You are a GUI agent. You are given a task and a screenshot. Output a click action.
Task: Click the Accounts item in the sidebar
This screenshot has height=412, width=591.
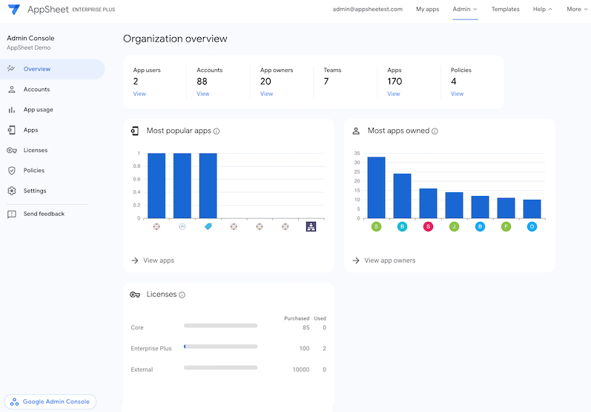[x=36, y=89]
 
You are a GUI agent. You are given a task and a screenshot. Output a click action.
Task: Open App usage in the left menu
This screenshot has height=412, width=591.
[x=38, y=110]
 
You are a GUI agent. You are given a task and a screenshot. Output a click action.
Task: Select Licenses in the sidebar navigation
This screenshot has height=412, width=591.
[x=35, y=150]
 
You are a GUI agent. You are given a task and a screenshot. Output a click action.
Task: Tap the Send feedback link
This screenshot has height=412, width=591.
[x=43, y=214]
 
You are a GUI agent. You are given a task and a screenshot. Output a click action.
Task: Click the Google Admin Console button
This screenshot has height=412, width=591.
[x=50, y=402]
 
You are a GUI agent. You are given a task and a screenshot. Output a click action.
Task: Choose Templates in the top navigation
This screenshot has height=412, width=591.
[x=505, y=10]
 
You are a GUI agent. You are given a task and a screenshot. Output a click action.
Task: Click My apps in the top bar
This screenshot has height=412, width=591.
[x=427, y=10]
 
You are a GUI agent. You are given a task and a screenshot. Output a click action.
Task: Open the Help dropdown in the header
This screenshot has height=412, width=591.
[x=542, y=10]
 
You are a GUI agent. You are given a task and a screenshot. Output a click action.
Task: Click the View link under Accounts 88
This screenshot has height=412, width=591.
[x=202, y=94]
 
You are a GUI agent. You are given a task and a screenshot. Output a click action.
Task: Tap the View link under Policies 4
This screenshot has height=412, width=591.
[x=457, y=94]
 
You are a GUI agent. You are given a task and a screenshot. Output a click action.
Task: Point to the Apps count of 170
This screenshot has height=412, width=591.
[x=394, y=81]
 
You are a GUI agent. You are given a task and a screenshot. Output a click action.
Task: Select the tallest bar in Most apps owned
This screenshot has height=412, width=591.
[x=376, y=187]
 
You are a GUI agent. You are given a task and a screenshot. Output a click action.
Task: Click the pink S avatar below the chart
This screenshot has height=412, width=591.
[x=428, y=226]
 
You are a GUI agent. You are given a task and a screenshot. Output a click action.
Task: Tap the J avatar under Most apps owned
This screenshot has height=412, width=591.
[x=454, y=226]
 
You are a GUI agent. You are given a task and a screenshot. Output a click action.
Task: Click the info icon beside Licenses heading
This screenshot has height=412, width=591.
[x=182, y=295]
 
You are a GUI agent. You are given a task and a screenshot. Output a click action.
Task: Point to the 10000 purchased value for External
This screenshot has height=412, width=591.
[x=300, y=369]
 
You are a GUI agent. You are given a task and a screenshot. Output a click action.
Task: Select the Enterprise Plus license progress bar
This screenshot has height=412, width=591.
[x=220, y=346]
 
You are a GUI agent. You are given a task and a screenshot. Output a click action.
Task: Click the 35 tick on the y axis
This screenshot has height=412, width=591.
[x=357, y=154]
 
